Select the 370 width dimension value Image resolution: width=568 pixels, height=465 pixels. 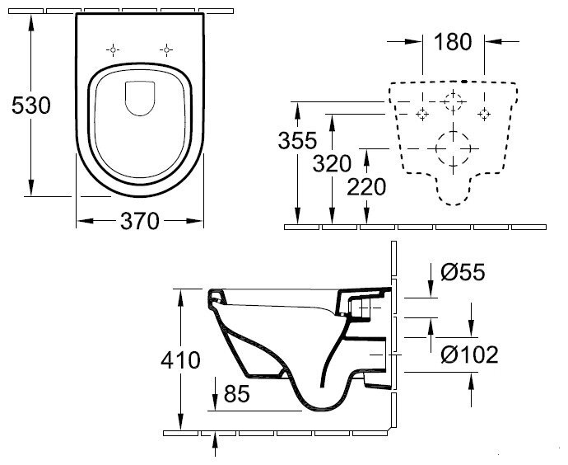click(x=140, y=221)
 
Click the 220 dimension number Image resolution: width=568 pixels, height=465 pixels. click(x=365, y=187)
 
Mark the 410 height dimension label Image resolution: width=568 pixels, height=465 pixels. click(x=181, y=360)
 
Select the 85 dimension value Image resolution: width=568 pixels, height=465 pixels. click(x=236, y=396)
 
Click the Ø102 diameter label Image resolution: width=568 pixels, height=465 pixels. click(x=469, y=355)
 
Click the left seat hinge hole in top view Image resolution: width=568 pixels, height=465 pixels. click(x=111, y=49)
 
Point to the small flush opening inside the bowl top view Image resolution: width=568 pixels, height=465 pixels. click(x=138, y=100)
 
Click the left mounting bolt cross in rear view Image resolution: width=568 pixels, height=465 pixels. click(x=422, y=112)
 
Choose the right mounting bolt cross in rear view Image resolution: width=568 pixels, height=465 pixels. click(x=484, y=112)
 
